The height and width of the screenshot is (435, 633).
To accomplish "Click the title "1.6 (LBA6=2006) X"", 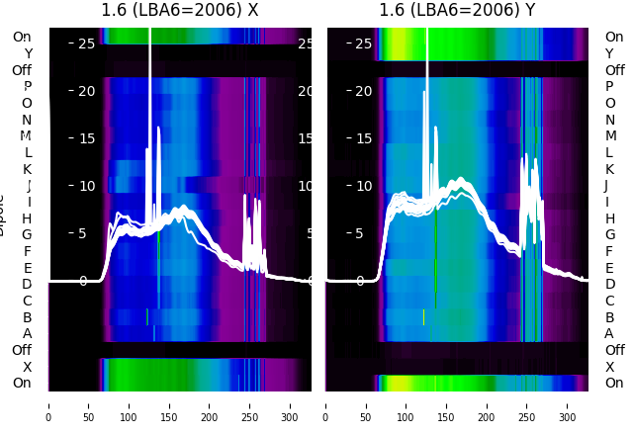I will click(x=180, y=11).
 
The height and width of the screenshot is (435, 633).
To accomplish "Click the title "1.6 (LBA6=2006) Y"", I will click(x=458, y=11).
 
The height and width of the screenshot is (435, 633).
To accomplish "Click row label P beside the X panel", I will click(x=28, y=87).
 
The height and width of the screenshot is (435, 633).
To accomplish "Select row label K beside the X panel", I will click(x=28, y=169).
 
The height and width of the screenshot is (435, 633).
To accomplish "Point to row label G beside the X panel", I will click(x=28, y=234).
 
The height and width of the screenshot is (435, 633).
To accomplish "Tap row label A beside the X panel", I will click(x=28, y=333).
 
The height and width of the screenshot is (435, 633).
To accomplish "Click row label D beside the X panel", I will click(x=28, y=284).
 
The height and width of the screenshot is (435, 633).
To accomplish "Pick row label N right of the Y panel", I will click(x=609, y=120).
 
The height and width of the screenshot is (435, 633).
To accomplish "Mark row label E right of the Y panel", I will click(x=609, y=268).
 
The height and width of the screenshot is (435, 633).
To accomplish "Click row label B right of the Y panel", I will click(x=609, y=317).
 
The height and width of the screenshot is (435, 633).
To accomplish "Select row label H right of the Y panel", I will click(x=609, y=218).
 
